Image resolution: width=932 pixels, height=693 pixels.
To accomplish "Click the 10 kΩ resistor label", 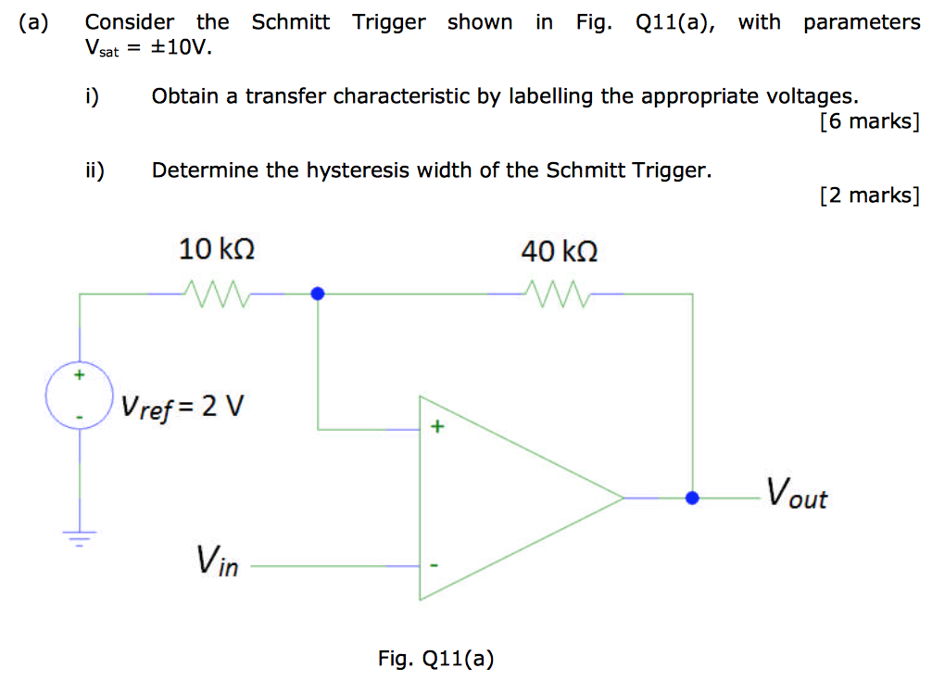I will coord(216,249).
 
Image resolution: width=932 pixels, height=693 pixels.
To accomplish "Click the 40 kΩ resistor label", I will coord(559,251).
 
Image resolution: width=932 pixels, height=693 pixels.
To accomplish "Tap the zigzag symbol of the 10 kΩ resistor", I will coord(216,294).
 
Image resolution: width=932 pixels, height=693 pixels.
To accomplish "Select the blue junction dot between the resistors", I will coord(318,294).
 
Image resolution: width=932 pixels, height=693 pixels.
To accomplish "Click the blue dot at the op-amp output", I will coord(692,498).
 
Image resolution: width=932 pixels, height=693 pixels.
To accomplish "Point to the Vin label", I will coord(217,561).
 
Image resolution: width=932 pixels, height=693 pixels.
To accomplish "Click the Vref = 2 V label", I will coord(182,406).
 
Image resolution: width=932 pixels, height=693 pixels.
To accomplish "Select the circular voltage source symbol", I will coord(80,397).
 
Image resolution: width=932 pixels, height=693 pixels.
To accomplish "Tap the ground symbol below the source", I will coord(80,536).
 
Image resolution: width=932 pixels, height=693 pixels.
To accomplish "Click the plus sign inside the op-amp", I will coord(436,428).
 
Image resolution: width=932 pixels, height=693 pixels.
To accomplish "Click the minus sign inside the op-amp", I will coord(433,564).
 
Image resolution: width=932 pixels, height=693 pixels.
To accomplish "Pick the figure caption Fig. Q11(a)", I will coord(435,659).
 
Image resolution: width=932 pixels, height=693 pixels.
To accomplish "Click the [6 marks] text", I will coord(869,120).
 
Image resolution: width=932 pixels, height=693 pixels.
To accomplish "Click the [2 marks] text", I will coord(869,195).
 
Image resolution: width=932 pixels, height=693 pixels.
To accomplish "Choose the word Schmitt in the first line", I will coord(290,22).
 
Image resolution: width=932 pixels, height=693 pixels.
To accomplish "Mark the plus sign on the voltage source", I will coord(80,375).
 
